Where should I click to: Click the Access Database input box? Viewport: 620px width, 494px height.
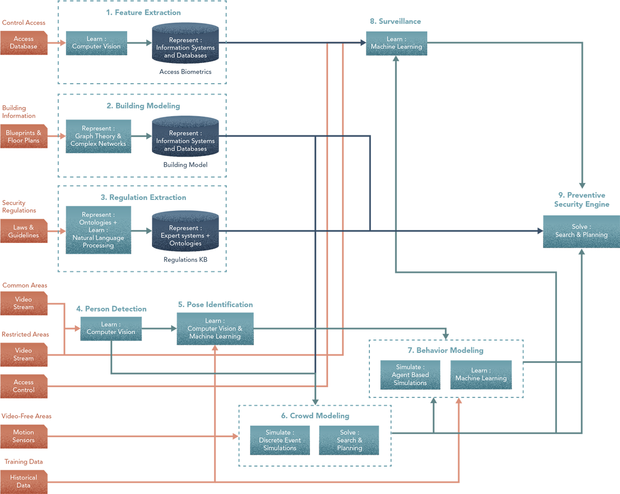point(24,43)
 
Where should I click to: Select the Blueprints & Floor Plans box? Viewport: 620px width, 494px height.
point(24,137)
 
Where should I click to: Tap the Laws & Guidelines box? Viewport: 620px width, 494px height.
point(24,231)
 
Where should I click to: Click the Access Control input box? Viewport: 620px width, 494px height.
point(24,387)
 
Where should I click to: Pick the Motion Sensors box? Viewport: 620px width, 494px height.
point(24,437)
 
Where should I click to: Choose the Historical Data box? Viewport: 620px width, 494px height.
point(24,482)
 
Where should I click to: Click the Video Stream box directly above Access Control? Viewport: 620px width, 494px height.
point(24,354)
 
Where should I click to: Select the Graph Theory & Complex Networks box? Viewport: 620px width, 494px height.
point(98,136)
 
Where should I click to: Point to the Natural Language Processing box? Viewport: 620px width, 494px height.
point(98,230)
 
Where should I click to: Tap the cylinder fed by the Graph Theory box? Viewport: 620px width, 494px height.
point(185,137)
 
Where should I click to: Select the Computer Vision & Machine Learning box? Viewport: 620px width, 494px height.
point(215,329)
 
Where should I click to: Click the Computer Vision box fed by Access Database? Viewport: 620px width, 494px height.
point(96,43)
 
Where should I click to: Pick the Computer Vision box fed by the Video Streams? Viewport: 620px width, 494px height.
point(111,329)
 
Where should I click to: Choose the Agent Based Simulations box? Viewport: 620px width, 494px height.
point(410,375)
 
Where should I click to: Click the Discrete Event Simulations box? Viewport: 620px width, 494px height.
point(280,440)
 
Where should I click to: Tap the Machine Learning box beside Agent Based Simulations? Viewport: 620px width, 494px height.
point(481,375)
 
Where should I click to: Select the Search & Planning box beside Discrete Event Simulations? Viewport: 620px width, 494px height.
point(349,440)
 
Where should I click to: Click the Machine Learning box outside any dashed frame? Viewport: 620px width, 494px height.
point(396,43)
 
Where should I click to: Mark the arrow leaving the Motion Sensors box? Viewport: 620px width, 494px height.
point(145,437)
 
